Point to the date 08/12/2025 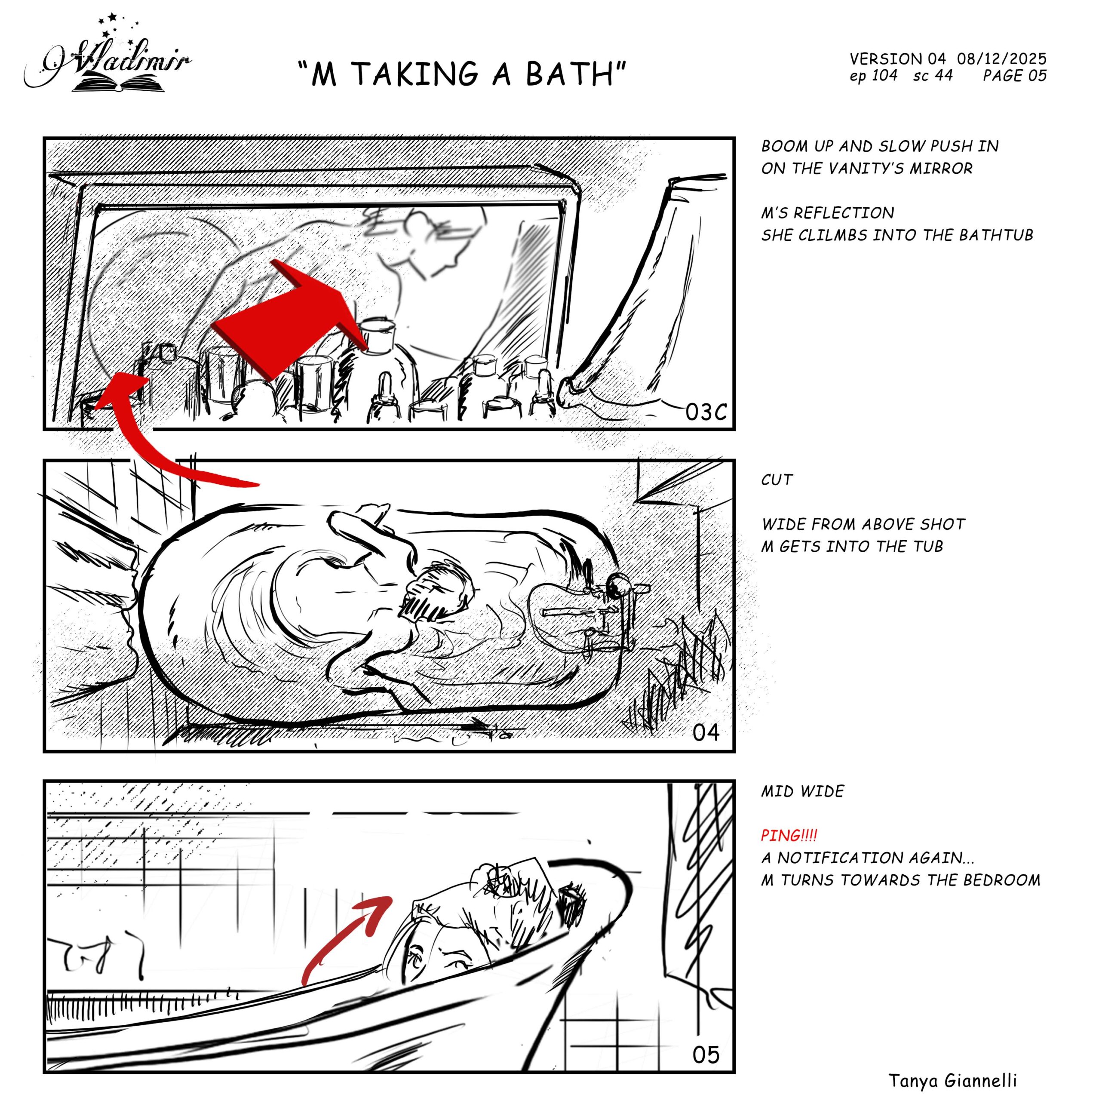point(1002,58)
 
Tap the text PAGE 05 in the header point(1015,75)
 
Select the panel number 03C point(706,412)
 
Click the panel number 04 point(706,732)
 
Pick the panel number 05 point(706,1055)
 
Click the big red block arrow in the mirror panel point(291,319)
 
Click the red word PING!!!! point(789,836)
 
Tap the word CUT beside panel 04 point(776,480)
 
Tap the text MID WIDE point(802,791)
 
